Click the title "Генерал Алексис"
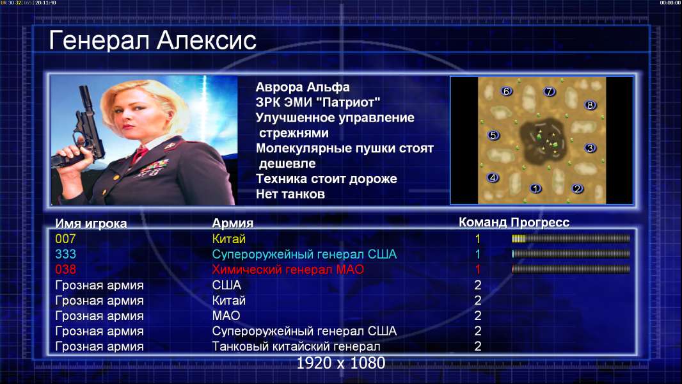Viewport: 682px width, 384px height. [x=153, y=40]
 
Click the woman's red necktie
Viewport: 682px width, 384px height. [x=139, y=154]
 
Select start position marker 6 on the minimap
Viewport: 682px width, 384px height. [x=506, y=91]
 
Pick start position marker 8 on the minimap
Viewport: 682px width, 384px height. [x=591, y=105]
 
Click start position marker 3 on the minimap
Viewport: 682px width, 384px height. [x=590, y=148]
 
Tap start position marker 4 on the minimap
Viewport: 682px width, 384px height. [x=493, y=177]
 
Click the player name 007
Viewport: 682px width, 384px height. [x=65, y=239]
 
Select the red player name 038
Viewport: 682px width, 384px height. [x=65, y=269]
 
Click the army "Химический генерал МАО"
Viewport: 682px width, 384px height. [x=288, y=269]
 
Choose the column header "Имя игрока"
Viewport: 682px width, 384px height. [x=91, y=223]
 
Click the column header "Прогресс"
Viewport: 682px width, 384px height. [x=540, y=223]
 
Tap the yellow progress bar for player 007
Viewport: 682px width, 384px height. [x=518, y=238]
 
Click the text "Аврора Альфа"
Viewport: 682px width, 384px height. [x=303, y=87]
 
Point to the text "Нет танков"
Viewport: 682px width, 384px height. [x=290, y=194]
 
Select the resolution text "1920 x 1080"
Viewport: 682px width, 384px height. [x=341, y=363]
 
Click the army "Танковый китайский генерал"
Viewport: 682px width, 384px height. [x=296, y=347]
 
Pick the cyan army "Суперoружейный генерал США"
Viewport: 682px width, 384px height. [x=305, y=255]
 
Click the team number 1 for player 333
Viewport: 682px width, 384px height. [x=477, y=255]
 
